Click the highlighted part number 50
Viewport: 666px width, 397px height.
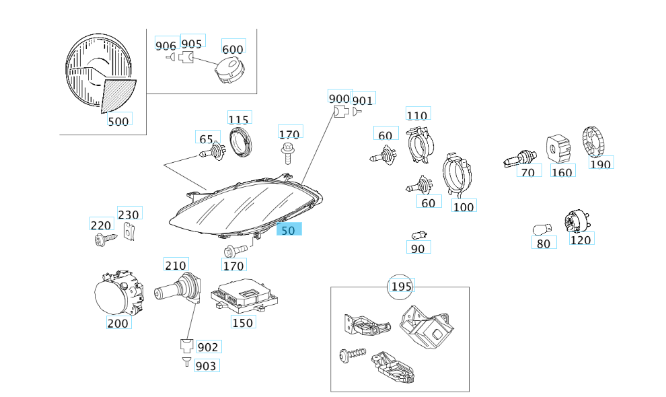point(289,229)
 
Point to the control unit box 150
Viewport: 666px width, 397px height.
point(245,297)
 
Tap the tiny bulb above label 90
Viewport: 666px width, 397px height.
point(420,234)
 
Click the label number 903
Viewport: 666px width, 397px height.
point(206,366)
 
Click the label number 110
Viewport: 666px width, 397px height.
point(417,115)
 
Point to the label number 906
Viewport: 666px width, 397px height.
point(165,46)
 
